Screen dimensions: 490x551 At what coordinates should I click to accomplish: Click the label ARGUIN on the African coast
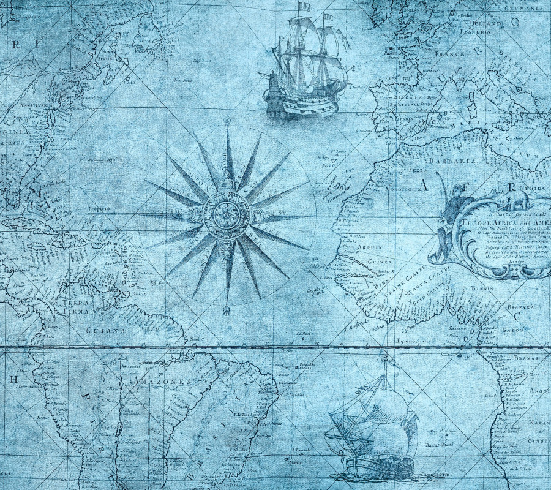click(x=370, y=247)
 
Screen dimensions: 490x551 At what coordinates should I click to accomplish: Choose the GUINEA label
click(x=380, y=260)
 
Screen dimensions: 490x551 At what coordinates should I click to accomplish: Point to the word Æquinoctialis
click(x=414, y=341)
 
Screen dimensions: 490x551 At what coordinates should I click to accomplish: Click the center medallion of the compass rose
click(x=227, y=215)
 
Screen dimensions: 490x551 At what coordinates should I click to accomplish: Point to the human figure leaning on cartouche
click(x=448, y=221)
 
